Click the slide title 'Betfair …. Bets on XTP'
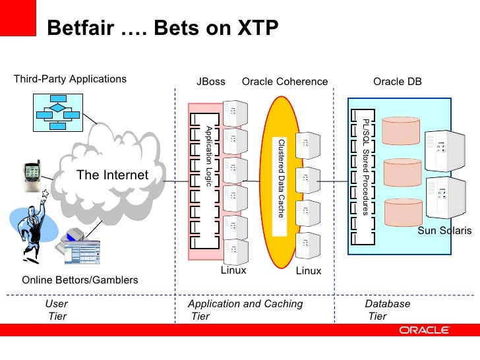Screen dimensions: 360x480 164,28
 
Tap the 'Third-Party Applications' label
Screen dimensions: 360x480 70,79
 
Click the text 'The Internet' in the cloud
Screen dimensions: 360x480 112,175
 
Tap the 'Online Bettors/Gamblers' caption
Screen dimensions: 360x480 80,280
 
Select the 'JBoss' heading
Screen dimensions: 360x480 211,82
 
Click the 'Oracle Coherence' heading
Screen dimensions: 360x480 285,82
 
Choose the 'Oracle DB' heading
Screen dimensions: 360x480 398,82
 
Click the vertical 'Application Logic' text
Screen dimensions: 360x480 208,155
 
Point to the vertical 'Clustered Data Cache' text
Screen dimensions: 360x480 281,179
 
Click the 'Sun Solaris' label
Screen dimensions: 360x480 445,231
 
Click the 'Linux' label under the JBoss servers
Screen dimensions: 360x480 233,270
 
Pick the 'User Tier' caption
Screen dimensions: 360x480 57,310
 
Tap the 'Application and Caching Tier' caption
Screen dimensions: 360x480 245,310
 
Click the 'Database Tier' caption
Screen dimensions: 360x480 388,310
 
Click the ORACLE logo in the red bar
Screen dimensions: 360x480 424,330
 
